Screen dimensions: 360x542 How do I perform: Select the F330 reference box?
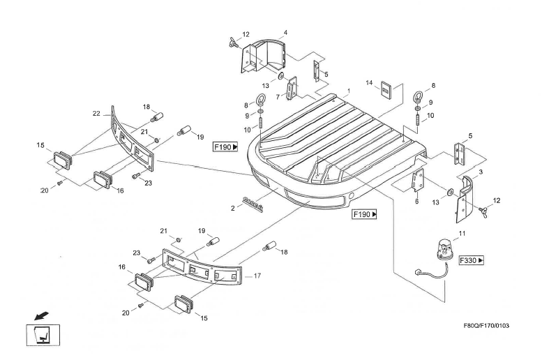[472, 260]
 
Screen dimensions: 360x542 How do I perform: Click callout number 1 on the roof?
[348, 92]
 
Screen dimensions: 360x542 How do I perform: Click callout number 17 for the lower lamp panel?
[257, 276]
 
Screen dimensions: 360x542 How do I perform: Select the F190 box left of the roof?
[226, 147]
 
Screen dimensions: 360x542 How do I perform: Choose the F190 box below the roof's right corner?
[365, 216]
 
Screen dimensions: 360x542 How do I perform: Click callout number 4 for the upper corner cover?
[285, 32]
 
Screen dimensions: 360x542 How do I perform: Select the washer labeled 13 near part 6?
[450, 191]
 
